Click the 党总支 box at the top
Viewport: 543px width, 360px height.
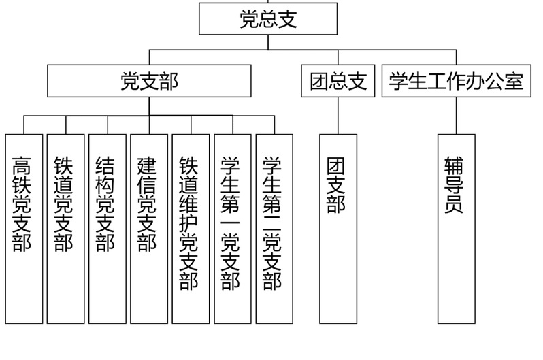(268, 18)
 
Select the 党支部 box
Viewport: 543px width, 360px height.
(149, 81)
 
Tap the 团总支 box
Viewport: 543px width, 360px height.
(338, 81)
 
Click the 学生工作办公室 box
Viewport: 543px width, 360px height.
(456, 81)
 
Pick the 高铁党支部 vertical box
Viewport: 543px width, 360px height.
(24, 229)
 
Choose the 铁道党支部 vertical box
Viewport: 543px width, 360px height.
(65, 229)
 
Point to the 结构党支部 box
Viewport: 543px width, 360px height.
(108, 229)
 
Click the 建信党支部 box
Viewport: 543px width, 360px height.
(149, 229)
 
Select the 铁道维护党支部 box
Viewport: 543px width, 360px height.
(191, 229)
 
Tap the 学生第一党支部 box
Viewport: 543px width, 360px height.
(233, 229)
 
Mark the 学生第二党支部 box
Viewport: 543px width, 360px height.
(274, 229)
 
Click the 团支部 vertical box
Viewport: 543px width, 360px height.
(338, 229)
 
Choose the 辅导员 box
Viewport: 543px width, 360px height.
(456, 229)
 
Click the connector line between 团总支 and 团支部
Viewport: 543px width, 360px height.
(338, 115)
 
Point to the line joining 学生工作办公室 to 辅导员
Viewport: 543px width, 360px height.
(456, 115)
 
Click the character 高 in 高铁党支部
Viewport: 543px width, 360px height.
(22, 165)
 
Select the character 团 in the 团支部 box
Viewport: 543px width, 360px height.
(337, 165)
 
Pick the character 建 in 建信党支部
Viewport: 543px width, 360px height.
(148, 165)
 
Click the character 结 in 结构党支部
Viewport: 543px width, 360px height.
(106, 165)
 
